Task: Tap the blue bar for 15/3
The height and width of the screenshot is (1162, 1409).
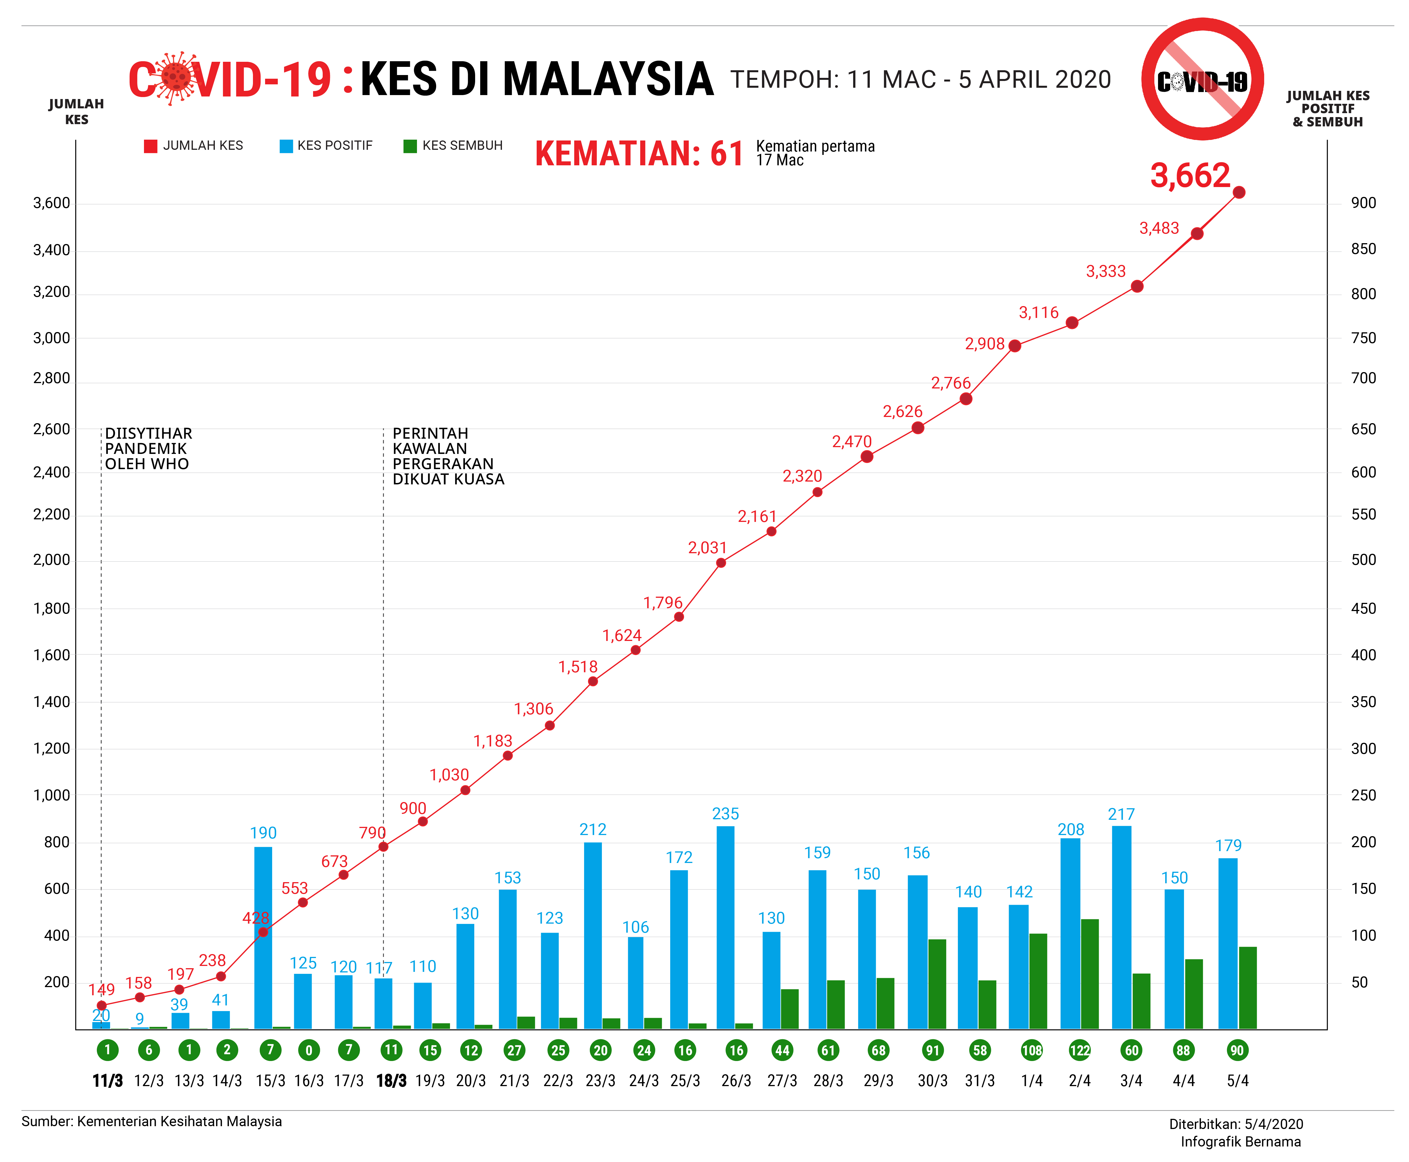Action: [263, 937]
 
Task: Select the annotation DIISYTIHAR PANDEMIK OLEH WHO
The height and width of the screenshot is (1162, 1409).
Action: [148, 449]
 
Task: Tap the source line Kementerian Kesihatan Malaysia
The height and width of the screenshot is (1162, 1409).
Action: [152, 1121]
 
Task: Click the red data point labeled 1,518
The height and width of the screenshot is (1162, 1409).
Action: [593, 681]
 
